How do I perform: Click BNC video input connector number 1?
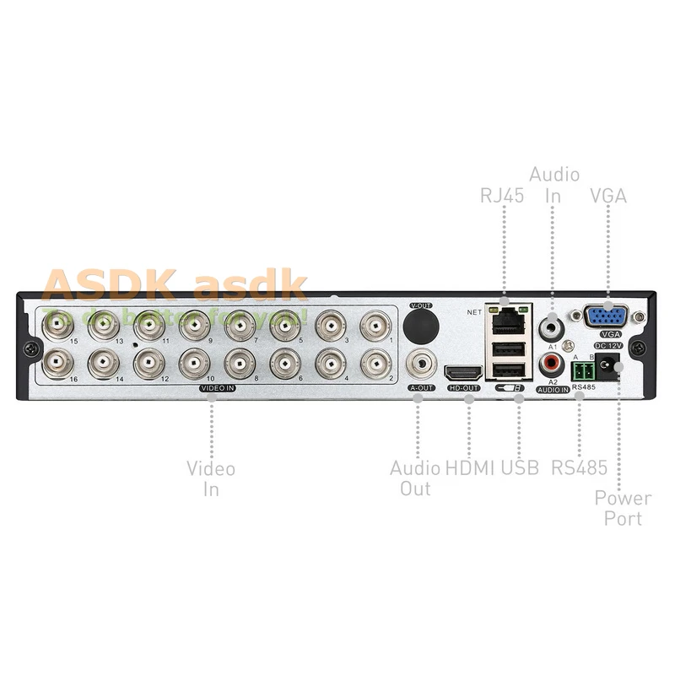click(x=375, y=323)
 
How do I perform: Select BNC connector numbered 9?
click(x=193, y=323)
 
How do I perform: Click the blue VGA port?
click(x=606, y=317)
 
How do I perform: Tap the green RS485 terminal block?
click(x=581, y=370)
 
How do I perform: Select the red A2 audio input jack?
click(x=552, y=364)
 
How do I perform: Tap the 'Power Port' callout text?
click(x=623, y=507)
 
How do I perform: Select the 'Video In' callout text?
click(x=211, y=478)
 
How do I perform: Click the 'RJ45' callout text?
click(x=502, y=196)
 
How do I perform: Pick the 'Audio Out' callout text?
click(x=414, y=478)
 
